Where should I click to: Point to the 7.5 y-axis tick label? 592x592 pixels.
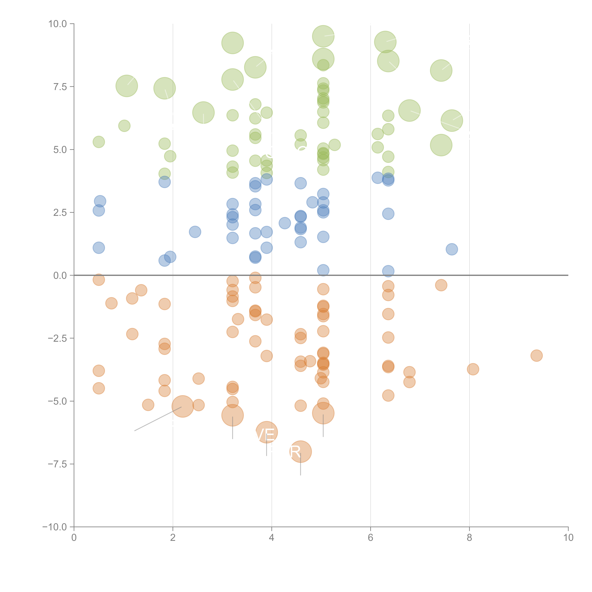pos(60,87)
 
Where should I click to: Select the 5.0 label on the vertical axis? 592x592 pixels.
pos(60,150)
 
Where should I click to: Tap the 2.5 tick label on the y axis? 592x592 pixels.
pos(60,212)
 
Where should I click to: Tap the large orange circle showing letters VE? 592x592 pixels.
pos(267,432)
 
